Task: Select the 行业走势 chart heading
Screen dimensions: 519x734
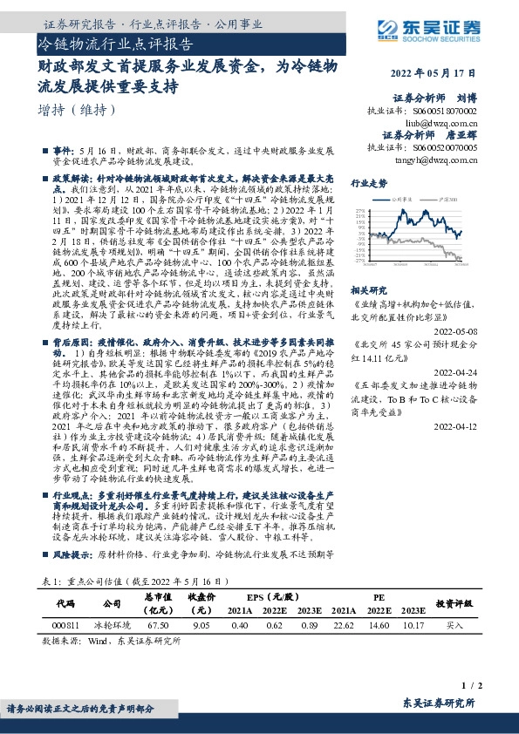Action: tap(369, 185)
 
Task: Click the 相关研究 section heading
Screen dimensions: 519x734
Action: tap(369, 288)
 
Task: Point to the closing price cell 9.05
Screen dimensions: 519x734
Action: tap(201, 625)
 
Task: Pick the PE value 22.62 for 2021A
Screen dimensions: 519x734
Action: tap(344, 625)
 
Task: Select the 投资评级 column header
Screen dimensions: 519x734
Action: tap(454, 602)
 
